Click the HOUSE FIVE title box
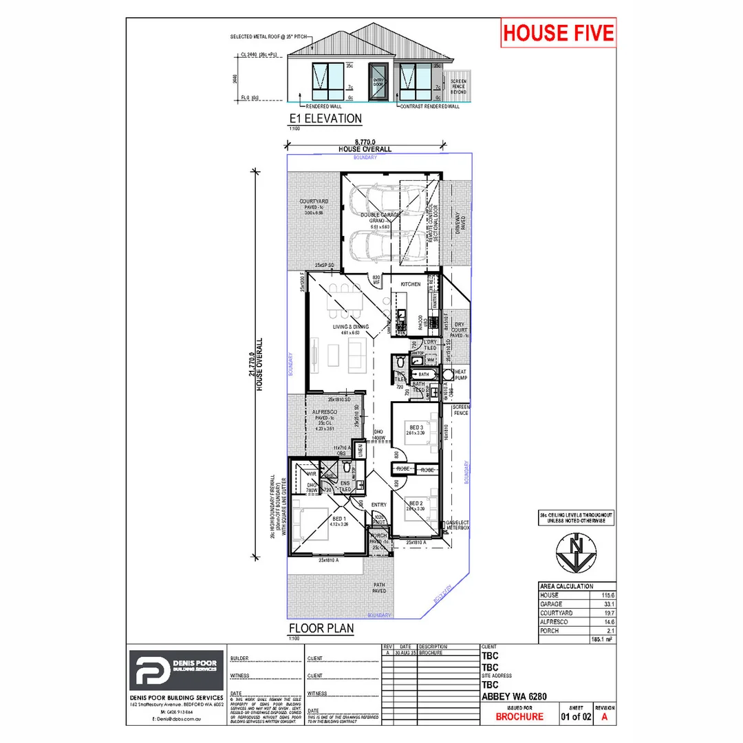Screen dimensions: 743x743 (558, 32)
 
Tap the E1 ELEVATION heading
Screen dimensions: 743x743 (325, 118)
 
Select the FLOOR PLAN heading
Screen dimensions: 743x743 (321, 627)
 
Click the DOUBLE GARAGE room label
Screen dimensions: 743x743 (380, 215)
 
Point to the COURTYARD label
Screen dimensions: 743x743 (312, 202)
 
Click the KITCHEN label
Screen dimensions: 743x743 (410, 283)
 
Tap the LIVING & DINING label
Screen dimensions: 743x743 (349, 326)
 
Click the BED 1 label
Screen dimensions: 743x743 (338, 518)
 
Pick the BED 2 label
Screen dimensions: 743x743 (416, 504)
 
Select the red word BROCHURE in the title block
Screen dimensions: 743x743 (519, 717)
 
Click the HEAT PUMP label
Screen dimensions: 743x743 (461, 375)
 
